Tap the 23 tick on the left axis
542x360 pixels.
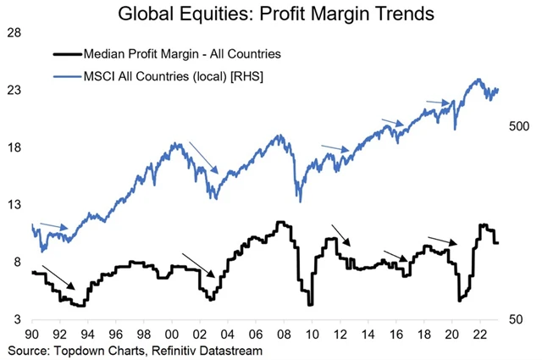click(x=14, y=90)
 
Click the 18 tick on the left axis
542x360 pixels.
click(x=14, y=147)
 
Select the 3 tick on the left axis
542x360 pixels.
click(x=18, y=320)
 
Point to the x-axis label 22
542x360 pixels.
click(x=478, y=335)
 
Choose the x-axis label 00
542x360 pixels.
click(x=171, y=335)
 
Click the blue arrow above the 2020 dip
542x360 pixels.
click(x=437, y=103)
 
